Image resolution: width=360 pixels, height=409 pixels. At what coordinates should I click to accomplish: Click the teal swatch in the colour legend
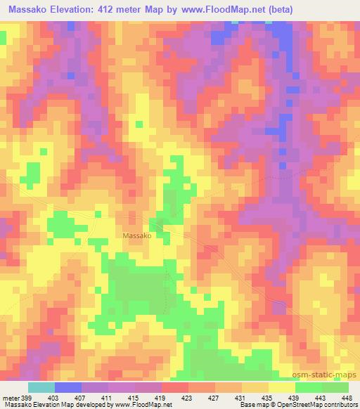(41, 387)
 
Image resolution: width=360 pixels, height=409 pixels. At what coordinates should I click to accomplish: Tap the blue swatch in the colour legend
(68, 387)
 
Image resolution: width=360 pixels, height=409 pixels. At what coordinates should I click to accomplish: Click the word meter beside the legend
(8, 397)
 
